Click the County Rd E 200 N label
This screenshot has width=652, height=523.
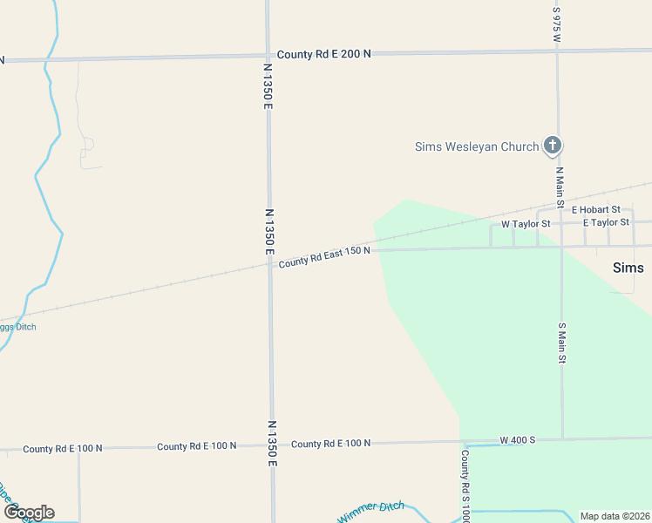point(323,54)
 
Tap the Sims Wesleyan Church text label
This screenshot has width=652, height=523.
point(476,146)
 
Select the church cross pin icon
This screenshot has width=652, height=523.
point(552,146)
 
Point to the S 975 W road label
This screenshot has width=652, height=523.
point(557,25)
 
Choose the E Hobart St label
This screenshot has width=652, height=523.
point(595,210)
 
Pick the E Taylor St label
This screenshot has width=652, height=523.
point(606,223)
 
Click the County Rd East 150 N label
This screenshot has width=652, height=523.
point(324,256)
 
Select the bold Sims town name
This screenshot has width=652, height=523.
point(628,268)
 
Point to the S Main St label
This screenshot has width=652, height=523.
point(562,343)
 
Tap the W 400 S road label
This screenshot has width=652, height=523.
point(518,440)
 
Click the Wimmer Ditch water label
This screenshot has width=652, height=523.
point(371,512)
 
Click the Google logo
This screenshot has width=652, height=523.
point(29,513)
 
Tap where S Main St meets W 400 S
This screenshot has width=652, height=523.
point(562,438)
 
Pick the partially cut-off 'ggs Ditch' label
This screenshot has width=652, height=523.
point(18,327)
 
